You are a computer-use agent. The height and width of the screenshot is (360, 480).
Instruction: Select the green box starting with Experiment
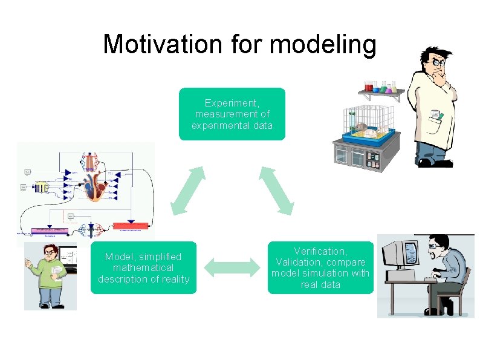click(x=232, y=114)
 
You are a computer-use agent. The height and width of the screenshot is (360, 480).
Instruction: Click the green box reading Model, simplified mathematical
click(x=143, y=267)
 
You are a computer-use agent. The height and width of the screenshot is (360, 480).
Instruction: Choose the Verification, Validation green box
click(x=320, y=267)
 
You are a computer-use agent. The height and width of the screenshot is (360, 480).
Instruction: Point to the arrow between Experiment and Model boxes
click(x=188, y=190)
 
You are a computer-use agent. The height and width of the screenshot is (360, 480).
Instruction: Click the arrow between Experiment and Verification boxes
click(x=276, y=190)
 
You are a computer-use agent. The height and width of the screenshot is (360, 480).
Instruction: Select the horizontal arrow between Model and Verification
click(x=232, y=267)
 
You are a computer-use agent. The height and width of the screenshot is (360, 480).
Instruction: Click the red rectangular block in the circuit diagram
click(x=131, y=226)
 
